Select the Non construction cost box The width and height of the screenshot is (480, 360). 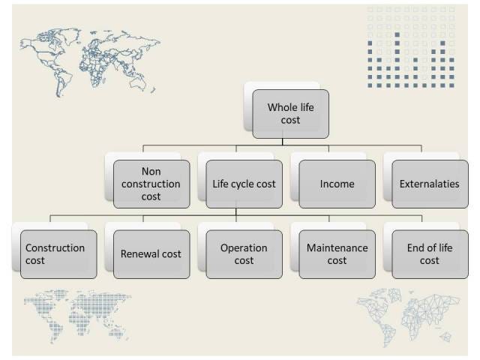(x=151, y=184)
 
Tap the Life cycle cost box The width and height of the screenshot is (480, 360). (x=244, y=184)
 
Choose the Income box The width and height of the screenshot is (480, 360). (x=337, y=184)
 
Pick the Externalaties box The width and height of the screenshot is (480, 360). (x=430, y=184)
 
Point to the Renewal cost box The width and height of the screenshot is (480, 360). (x=151, y=254)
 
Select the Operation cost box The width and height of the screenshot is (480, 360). (x=244, y=254)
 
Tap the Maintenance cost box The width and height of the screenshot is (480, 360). (x=337, y=254)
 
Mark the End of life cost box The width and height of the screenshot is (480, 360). (x=430, y=254)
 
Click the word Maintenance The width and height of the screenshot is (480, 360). (x=337, y=247)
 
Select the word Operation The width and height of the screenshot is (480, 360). (x=244, y=247)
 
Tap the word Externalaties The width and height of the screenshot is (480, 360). (x=430, y=184)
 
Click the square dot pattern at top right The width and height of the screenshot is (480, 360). (x=411, y=46)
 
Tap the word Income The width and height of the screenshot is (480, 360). (x=337, y=184)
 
